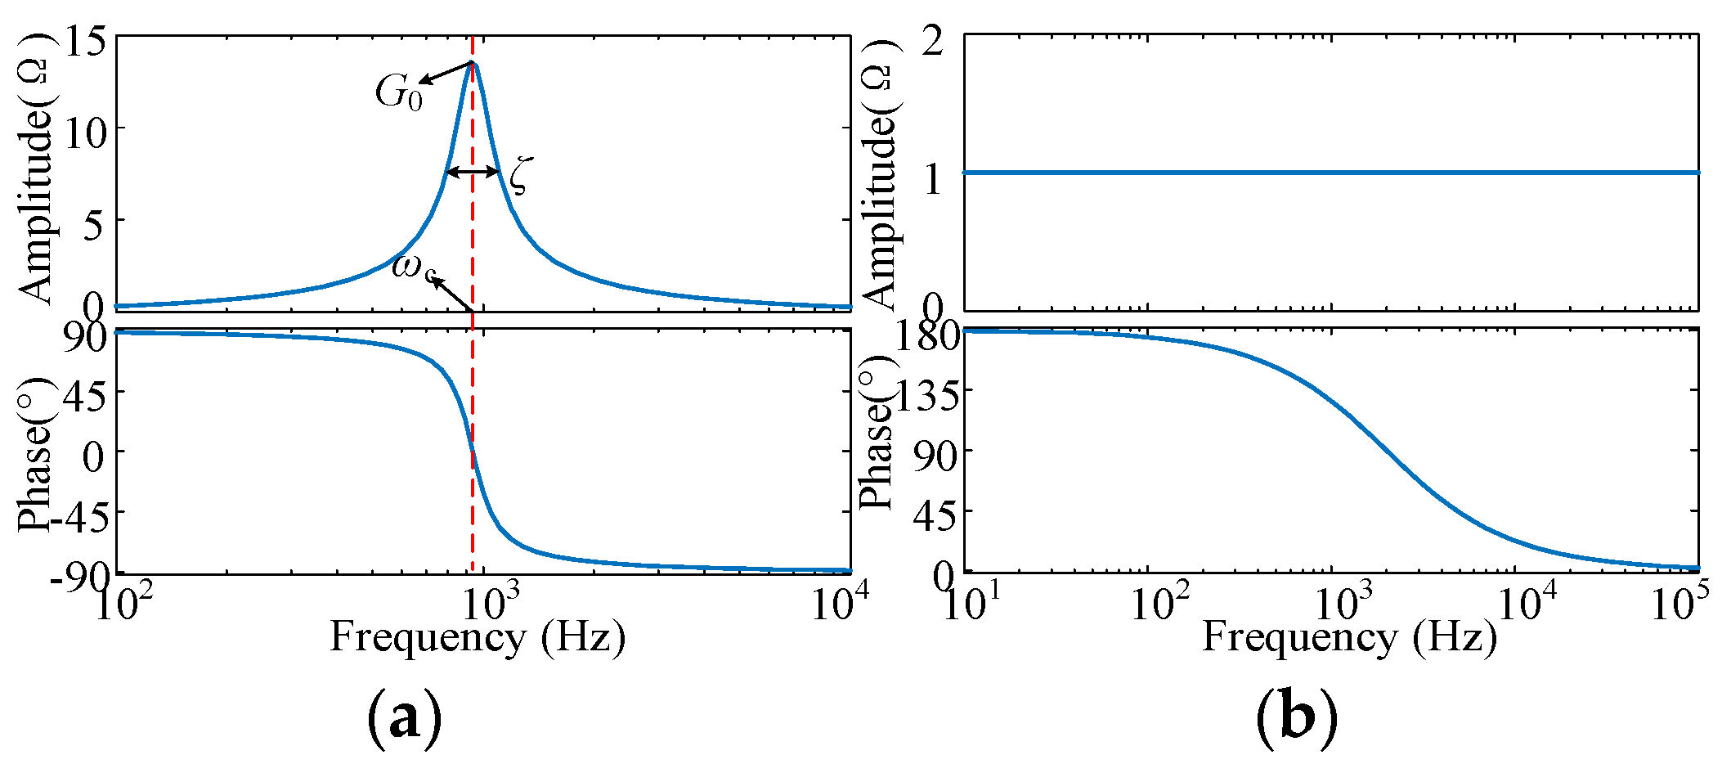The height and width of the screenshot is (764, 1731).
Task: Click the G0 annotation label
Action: coord(399,92)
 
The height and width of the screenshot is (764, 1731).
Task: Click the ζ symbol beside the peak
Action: coord(520,175)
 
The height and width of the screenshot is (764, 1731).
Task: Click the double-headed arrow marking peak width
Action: coord(473,172)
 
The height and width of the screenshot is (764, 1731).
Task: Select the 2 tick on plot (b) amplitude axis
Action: coord(933,41)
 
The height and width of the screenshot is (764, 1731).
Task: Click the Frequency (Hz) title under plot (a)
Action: coord(478,637)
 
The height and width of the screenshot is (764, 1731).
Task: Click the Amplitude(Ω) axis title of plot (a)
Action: coord(36,168)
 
